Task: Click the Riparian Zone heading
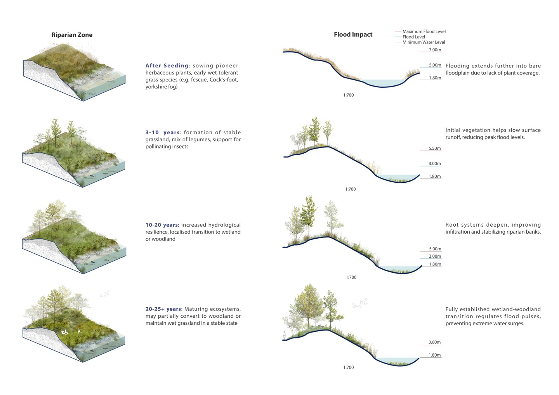click(72, 35)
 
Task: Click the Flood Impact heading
click(353, 35)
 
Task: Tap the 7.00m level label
click(435, 50)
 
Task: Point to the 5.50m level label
click(435, 148)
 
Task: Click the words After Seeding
click(167, 66)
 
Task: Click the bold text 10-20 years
click(162, 225)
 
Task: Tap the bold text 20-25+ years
click(163, 309)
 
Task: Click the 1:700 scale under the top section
click(348, 95)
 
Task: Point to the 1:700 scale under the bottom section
click(348, 367)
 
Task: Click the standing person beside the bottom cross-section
click(284, 335)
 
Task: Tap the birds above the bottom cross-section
click(360, 303)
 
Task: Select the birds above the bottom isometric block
click(104, 294)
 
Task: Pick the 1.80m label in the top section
click(435, 78)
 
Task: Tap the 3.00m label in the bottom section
click(434, 342)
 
